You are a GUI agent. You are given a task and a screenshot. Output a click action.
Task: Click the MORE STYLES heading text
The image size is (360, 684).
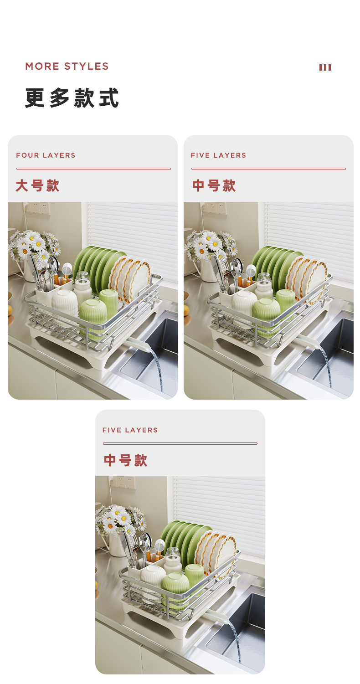[x=67, y=67]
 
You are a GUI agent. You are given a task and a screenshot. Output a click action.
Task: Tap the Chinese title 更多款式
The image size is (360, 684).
[x=72, y=98]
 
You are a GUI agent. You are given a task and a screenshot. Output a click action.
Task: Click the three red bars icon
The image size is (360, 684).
[x=325, y=67]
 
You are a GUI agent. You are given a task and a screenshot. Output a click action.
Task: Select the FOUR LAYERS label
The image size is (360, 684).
[x=46, y=155]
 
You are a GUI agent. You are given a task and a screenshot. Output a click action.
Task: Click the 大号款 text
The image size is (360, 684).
[x=37, y=186]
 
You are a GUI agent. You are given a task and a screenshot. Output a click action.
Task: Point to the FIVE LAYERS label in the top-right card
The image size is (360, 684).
[x=218, y=155]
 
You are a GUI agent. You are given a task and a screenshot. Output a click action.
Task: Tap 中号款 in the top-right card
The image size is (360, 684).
[x=214, y=186]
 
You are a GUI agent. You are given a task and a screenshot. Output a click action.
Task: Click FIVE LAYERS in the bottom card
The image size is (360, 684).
[x=130, y=430]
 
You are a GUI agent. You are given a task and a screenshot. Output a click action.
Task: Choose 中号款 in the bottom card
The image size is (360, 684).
[x=125, y=461]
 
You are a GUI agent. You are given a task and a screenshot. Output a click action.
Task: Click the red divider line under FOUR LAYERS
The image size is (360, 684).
[x=93, y=169]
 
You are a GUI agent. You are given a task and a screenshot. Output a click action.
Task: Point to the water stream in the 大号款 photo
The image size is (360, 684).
[x=158, y=369]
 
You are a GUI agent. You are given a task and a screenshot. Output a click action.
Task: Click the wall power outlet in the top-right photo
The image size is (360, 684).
[x=214, y=208]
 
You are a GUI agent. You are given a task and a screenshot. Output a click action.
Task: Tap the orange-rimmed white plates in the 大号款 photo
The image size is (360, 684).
[x=132, y=276]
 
